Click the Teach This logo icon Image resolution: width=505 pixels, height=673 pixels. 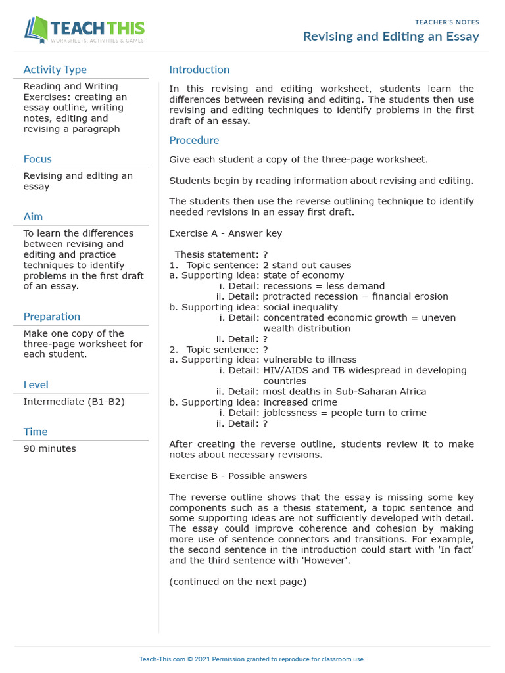click(36, 30)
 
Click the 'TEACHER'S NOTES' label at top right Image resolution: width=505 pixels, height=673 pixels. click(447, 22)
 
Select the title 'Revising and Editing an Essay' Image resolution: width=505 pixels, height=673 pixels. click(391, 37)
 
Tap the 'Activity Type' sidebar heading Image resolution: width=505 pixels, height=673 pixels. click(55, 70)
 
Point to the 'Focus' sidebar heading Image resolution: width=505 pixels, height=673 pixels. click(37, 159)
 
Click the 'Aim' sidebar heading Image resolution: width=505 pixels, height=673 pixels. click(33, 216)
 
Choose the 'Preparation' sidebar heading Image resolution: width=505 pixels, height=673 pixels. click(52, 317)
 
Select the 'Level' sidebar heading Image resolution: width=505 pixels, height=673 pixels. click(36, 384)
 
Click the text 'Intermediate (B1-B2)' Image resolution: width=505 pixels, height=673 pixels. click(74, 402)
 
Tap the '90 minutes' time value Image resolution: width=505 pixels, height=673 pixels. click(49, 448)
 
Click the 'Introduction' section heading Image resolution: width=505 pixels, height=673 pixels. click(199, 70)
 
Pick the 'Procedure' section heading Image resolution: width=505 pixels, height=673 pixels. click(194, 140)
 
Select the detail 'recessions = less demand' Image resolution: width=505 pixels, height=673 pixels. click(324, 286)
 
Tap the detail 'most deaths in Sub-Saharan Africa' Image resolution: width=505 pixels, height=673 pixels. click(345, 392)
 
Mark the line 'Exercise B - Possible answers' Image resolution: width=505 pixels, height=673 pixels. click(238, 476)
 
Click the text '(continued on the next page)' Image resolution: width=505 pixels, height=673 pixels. click(237, 582)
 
